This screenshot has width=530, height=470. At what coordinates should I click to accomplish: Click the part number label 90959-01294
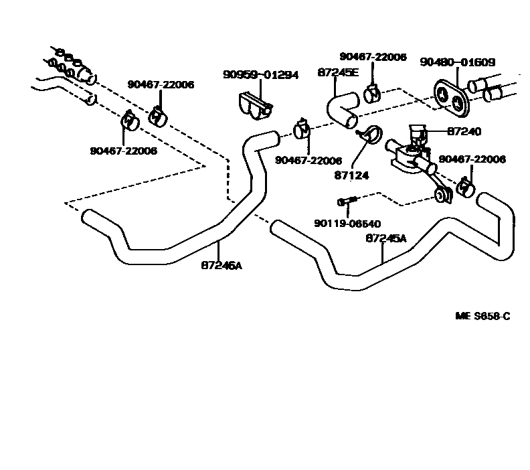click(x=260, y=75)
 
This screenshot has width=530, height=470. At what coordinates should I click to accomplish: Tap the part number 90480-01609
click(x=457, y=62)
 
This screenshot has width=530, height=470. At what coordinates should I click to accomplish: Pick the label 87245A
click(x=386, y=238)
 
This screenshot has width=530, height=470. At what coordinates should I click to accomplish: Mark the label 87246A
click(x=222, y=265)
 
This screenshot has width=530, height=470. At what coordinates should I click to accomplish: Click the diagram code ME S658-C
click(x=482, y=315)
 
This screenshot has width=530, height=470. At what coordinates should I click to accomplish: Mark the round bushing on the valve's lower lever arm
click(x=441, y=195)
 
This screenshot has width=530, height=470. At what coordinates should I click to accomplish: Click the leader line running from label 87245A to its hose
click(x=381, y=252)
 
